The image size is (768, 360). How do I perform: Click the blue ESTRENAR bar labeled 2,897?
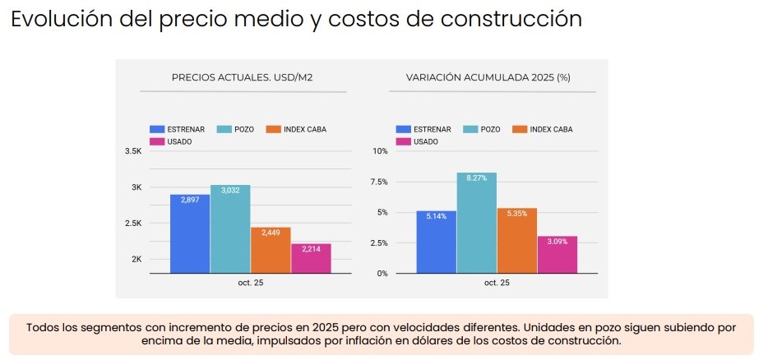point(190,233)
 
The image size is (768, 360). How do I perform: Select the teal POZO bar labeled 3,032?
point(230,228)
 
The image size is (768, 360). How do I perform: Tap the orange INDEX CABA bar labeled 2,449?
point(271,250)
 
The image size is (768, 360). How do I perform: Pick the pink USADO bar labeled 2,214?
point(311,258)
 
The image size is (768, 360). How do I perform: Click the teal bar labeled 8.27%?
point(476,222)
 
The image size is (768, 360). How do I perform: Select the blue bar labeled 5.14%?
point(436,242)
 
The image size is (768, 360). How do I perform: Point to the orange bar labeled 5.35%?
point(516,240)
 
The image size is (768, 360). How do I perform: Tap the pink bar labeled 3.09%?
point(557,254)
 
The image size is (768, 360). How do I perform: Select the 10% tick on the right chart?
point(380,152)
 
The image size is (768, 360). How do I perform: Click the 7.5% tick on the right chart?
point(378,182)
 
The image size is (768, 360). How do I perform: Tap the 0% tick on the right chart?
point(382,273)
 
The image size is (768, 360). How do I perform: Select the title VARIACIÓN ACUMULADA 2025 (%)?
point(488,77)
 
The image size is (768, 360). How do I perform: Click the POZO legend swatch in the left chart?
point(224,130)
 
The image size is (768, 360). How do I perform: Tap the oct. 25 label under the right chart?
point(497,283)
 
